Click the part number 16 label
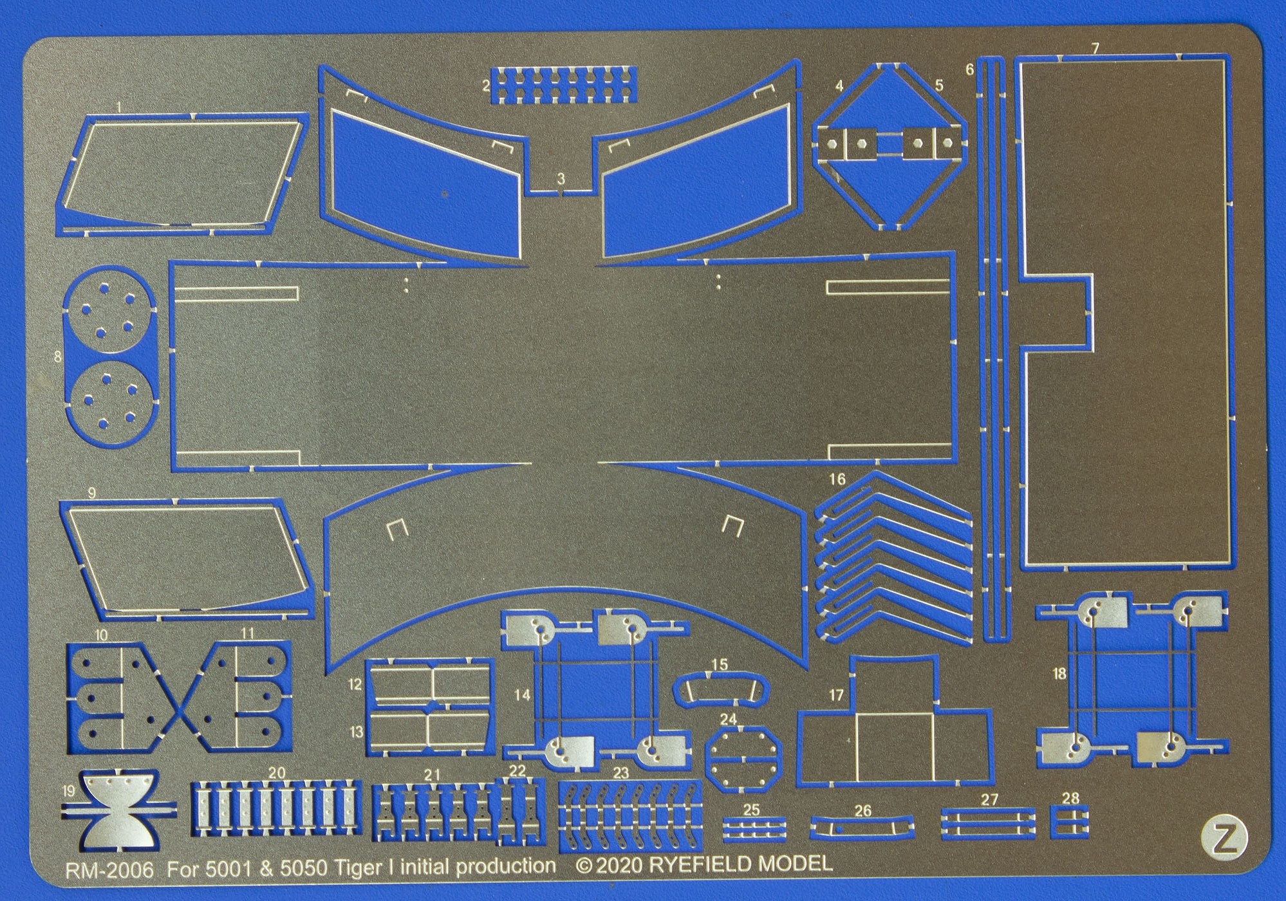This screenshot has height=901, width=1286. point(837,479)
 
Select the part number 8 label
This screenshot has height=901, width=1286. point(58,356)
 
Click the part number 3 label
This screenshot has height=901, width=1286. point(561,180)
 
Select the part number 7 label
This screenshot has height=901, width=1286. point(1095,48)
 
